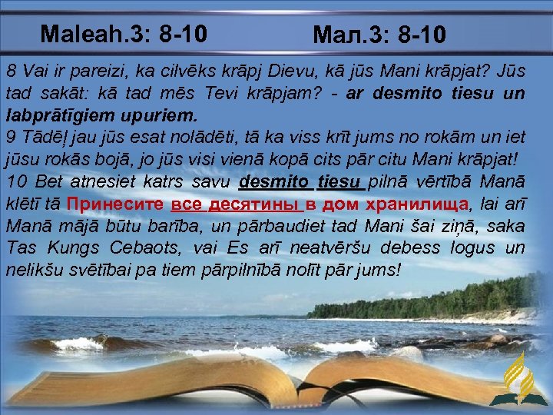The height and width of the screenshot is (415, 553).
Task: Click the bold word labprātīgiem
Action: point(61,116)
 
